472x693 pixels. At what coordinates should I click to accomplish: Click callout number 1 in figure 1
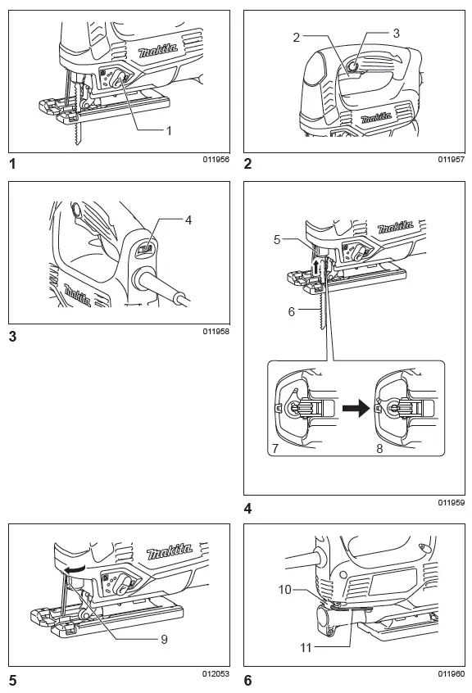point(168,131)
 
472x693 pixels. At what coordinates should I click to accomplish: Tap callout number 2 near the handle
point(296,37)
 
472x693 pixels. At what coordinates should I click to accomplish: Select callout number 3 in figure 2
point(396,33)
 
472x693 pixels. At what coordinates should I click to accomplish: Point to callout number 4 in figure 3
point(188,220)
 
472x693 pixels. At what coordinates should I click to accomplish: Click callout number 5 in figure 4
point(277,239)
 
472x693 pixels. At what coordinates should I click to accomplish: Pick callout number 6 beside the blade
point(291,311)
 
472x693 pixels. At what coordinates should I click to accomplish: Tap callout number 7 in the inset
point(275,449)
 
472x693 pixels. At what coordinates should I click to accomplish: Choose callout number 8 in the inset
point(379,449)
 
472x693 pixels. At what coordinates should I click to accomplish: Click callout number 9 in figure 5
point(164,639)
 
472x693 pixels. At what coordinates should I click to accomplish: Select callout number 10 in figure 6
point(284,590)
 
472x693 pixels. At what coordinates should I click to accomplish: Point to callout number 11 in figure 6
point(306,648)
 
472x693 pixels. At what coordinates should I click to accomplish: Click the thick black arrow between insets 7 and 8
point(356,407)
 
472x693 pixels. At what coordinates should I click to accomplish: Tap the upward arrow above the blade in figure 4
point(316,268)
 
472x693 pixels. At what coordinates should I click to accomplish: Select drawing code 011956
point(216,160)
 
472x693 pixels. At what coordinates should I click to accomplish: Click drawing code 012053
point(216,673)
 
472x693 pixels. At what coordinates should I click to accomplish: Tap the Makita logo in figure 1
point(158,51)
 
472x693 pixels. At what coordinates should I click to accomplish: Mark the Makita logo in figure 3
point(78,295)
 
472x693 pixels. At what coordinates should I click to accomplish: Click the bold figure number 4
point(248,509)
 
